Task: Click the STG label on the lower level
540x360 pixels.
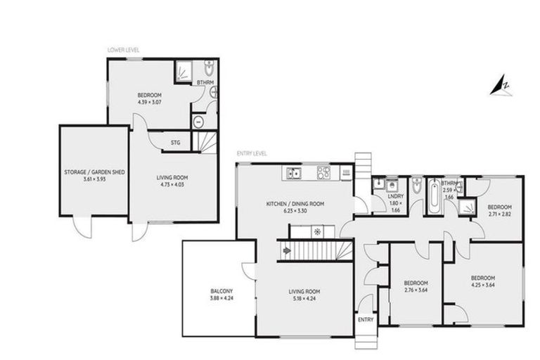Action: (175, 143)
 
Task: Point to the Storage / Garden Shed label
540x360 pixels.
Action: (94, 171)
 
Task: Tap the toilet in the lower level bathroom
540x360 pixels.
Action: (208, 70)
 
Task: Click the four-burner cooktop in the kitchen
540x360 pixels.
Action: (323, 172)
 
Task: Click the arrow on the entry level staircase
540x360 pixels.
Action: (287, 249)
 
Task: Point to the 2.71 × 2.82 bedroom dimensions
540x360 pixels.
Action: (500, 215)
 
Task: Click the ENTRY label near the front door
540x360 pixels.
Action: (366, 319)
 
